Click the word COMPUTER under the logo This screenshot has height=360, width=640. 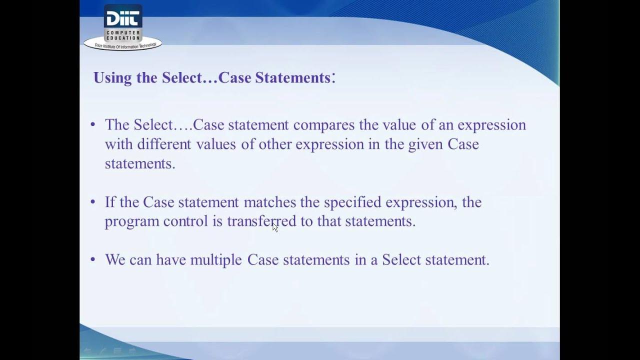pos(123,32)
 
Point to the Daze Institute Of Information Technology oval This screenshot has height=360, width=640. pos(123,45)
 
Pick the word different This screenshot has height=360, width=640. pos(164,144)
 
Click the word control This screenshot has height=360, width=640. pos(185,221)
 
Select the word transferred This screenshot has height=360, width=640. pos(261,221)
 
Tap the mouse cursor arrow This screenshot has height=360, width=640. pos(274,227)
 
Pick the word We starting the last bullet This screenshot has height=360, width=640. pos(115,260)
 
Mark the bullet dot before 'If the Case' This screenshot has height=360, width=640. pos(93,202)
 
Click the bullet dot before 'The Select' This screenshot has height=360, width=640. pos(93,124)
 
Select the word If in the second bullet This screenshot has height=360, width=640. pos(109,202)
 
